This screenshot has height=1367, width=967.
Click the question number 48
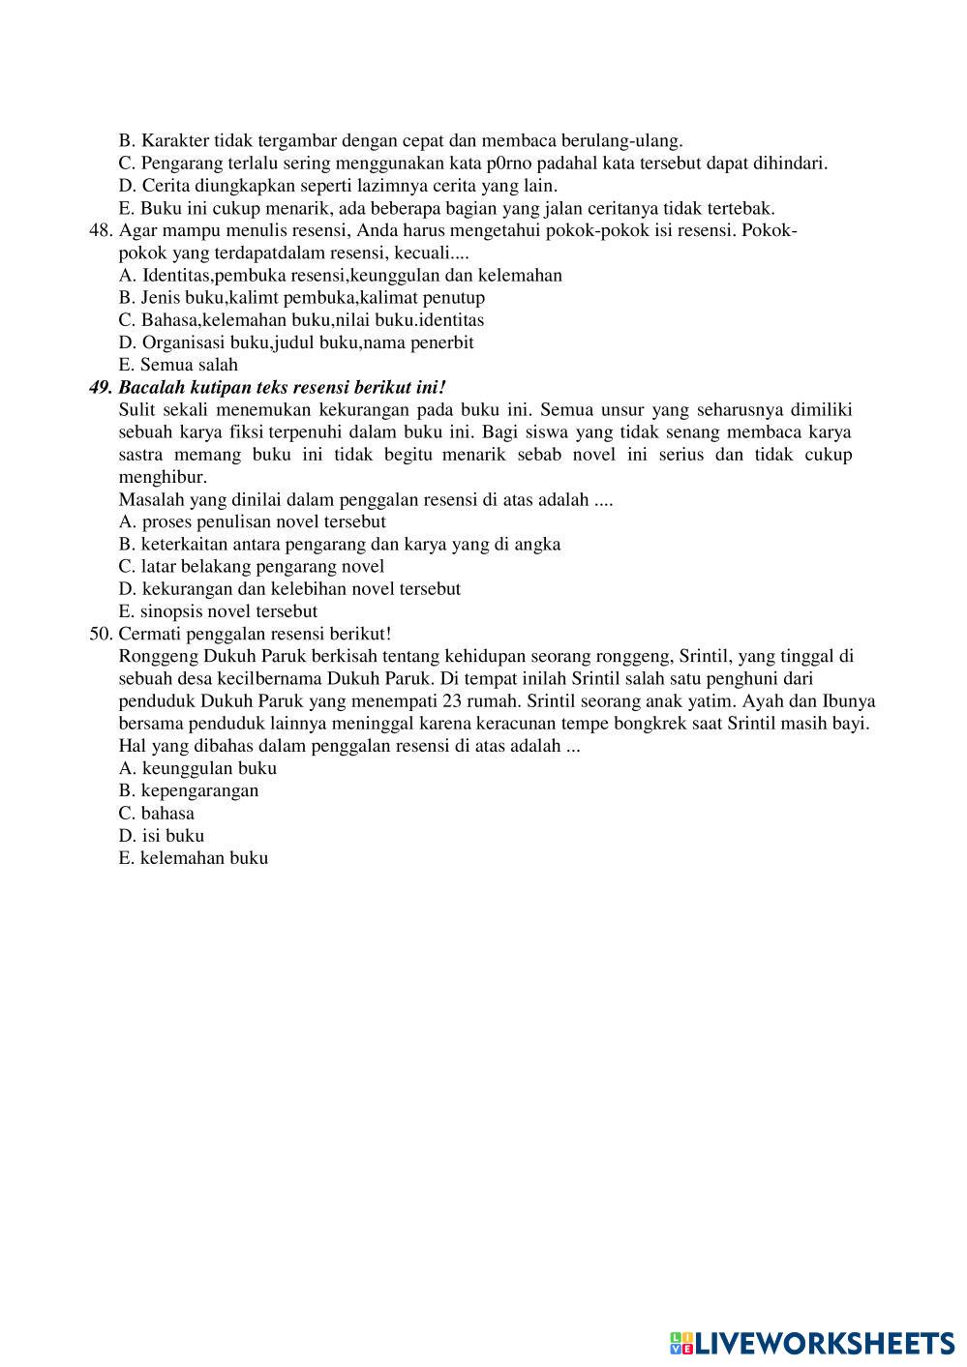[100, 230]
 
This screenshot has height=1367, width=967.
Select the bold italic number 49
[100, 387]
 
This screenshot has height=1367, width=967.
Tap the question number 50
[100, 634]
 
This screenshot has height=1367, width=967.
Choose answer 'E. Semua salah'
[178, 365]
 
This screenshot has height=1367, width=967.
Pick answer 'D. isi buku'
[162, 835]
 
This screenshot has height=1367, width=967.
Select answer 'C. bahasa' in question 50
[157, 813]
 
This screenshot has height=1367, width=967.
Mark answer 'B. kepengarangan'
[189, 790]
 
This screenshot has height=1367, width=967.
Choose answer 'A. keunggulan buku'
[197, 768]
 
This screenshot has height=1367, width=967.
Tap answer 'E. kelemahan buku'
[194, 857]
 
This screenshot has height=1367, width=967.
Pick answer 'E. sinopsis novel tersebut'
[218, 611]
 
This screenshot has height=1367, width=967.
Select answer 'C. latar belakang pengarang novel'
[252, 566]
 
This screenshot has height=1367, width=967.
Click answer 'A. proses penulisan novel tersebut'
[252, 521]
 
